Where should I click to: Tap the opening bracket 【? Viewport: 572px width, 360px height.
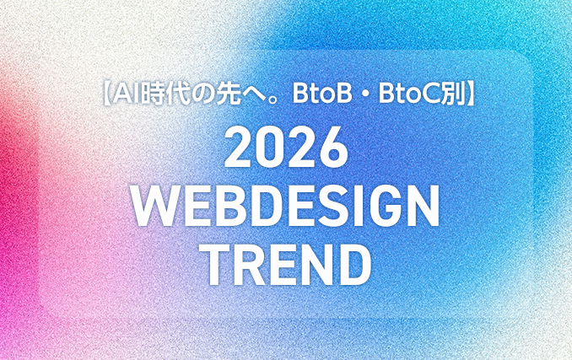tap(107, 93)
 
